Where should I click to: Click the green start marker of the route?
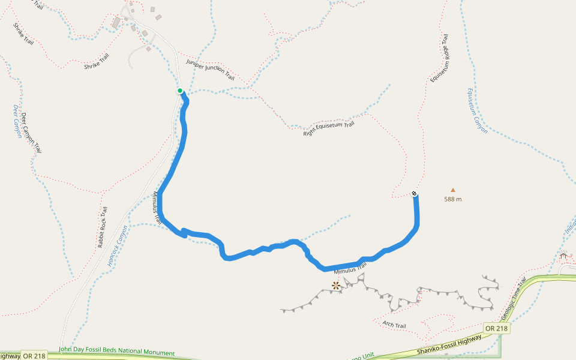coord(180,91)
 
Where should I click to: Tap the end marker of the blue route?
coord(414,193)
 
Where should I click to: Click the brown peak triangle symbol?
coord(453,190)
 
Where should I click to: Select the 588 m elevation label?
coord(453,199)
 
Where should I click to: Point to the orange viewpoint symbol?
coord(336,286)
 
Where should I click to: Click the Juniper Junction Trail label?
coord(210,70)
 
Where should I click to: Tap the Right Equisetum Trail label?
coord(329,128)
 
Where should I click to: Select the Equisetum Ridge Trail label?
coord(439,58)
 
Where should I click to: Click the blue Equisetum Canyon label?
coord(478,110)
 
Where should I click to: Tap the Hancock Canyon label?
coord(118,245)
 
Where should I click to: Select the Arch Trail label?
coord(394,325)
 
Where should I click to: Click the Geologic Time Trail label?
coord(513,299)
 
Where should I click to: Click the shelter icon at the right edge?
coord(563,256)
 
